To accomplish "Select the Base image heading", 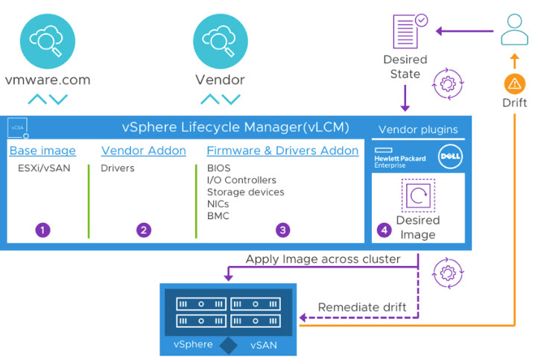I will point(42,151).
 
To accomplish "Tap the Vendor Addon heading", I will point(144,151).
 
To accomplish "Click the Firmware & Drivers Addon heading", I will point(282,151).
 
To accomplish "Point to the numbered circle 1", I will point(43,230).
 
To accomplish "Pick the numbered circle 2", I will point(143,230).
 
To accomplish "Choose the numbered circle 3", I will point(282,230).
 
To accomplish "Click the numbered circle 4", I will point(384,230).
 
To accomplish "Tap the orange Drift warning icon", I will point(514,84).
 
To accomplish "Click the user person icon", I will point(514,31).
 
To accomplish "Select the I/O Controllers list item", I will point(241,180).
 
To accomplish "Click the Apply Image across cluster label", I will point(324,259).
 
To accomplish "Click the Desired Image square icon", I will point(417,196).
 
